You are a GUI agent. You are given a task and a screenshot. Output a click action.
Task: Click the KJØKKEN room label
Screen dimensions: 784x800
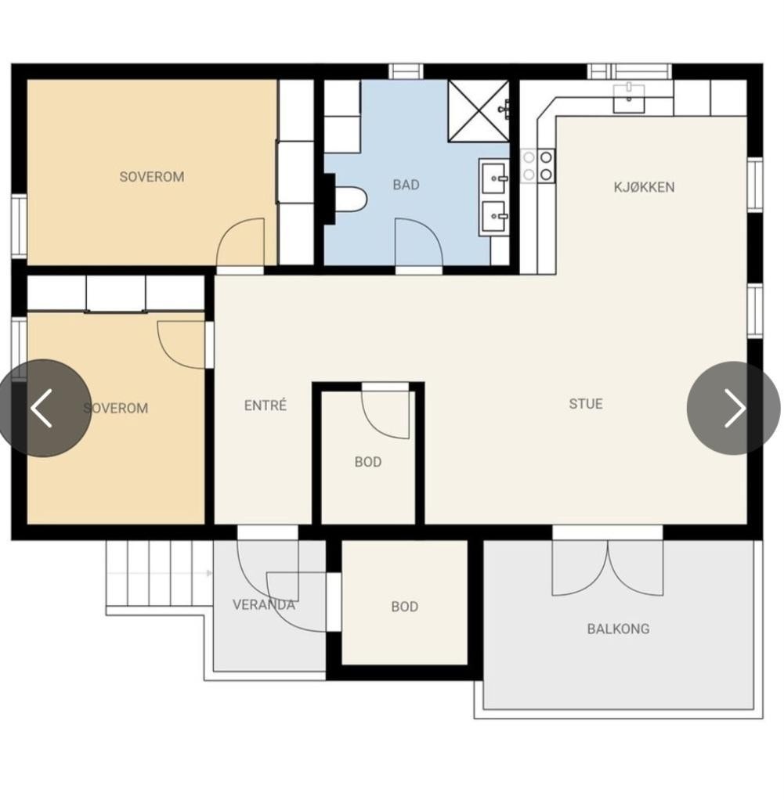644,187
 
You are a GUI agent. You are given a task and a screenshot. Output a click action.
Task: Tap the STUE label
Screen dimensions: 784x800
586,404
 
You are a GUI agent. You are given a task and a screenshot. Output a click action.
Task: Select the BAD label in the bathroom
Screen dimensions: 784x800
406,185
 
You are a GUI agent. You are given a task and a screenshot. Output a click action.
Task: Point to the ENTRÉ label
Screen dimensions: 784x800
266,405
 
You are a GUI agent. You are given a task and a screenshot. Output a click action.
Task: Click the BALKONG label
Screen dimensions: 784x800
618,629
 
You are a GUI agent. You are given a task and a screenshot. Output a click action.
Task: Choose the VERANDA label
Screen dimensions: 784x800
264,604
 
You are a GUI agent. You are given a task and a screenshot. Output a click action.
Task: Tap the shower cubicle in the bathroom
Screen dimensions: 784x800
479,110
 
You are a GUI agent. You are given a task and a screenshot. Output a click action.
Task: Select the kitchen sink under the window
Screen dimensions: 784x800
629,99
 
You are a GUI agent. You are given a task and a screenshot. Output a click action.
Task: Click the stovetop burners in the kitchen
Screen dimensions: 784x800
538,166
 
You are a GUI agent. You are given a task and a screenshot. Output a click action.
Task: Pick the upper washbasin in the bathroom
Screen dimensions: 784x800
493,178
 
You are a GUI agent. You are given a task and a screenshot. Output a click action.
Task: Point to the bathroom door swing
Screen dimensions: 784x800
418,242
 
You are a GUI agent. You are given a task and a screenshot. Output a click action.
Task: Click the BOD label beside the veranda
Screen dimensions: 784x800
405,607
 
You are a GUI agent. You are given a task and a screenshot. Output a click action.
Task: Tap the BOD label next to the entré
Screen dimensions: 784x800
368,462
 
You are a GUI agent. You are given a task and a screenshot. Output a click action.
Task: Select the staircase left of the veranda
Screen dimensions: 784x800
159,574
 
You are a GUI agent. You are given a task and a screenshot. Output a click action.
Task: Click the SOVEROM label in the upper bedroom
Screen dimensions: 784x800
152,177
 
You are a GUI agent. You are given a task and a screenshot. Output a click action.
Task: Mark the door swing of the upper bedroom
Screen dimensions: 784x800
240,242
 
